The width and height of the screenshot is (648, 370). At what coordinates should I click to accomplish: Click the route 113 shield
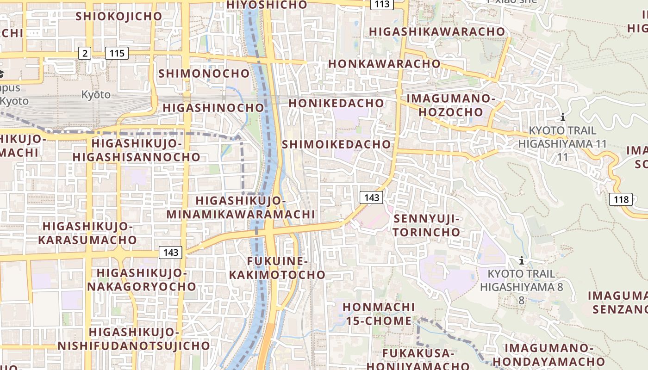pos(382,4)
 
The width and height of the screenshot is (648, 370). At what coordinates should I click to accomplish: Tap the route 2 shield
pos(84,53)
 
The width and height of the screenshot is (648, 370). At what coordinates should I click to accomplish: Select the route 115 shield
pos(116,53)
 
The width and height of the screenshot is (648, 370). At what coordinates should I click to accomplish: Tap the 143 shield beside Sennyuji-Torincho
pos(372,198)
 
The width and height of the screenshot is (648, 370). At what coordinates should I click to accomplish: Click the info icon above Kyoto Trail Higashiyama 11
pos(563,117)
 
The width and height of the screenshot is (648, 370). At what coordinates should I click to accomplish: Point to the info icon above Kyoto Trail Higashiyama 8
pos(522,261)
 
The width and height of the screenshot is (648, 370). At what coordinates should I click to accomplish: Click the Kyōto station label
pos(96,95)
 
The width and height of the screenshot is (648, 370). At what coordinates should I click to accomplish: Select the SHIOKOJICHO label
pos(119,16)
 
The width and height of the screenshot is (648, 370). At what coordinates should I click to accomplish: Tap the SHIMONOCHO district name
pos(204,74)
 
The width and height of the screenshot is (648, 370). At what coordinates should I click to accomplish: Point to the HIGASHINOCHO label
pos(213,108)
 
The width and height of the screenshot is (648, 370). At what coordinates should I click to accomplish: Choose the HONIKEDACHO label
pos(336,103)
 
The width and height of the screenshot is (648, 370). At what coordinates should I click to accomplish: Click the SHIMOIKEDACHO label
pos(336,144)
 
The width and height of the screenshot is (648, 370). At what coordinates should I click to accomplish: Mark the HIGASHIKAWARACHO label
pos(437,31)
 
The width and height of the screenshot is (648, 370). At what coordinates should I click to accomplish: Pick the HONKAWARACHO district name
pos(384,64)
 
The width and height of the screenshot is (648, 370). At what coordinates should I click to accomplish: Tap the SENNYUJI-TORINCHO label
pos(427,225)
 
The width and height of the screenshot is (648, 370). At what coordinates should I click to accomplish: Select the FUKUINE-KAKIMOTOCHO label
pos(277,268)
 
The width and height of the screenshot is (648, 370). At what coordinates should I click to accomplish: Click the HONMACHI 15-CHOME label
pos(379,314)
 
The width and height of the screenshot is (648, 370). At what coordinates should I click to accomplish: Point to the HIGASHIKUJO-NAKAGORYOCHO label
pos(142,279)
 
